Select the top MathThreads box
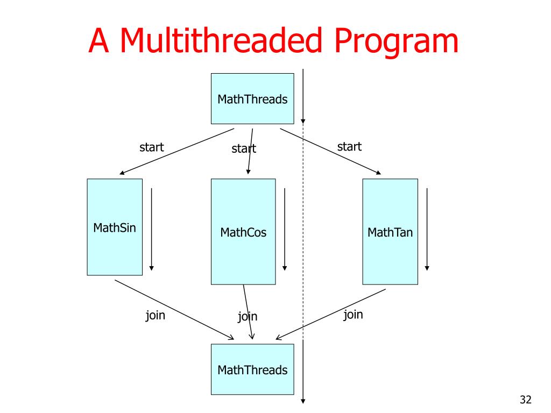coord(252,99)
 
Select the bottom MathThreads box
coord(252,369)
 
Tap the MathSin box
coord(115,227)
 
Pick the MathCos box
coord(243,232)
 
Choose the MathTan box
coord(390,232)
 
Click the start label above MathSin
coord(152,147)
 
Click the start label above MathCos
coord(244,148)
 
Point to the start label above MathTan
coord(349,146)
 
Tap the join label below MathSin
coord(156,315)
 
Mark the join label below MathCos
coord(248,316)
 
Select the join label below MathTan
coord(354,314)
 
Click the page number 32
coord(526,399)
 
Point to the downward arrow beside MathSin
coord(152,229)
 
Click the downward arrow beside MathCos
coord(285,229)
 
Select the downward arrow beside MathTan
coord(427,229)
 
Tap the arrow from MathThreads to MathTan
coord(330,151)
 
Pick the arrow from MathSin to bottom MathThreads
coord(174,309)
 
